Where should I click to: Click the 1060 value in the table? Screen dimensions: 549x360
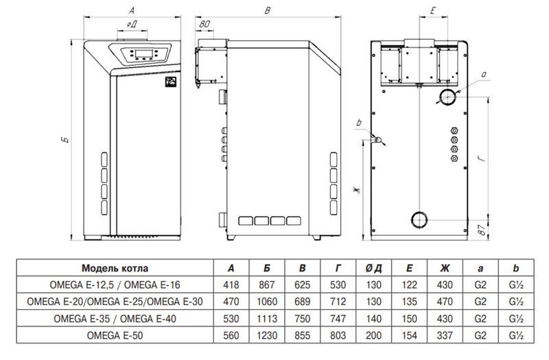(x=267, y=301)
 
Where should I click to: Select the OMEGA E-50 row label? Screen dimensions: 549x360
(x=115, y=335)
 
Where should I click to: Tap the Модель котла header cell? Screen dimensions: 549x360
(x=115, y=268)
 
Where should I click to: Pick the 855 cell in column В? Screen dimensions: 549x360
(x=302, y=335)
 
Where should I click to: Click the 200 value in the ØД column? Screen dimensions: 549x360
(x=373, y=335)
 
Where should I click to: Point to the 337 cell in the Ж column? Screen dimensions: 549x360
(x=445, y=335)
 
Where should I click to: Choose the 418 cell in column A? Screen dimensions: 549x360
(x=231, y=285)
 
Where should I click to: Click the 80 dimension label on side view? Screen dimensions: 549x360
(x=205, y=24)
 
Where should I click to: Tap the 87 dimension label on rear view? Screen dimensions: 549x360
(x=482, y=230)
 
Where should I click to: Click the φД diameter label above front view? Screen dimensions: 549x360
(x=132, y=24)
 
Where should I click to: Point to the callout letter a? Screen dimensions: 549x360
(x=484, y=74)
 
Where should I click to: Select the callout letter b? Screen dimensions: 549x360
(x=358, y=123)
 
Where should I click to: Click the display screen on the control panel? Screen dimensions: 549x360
(x=144, y=53)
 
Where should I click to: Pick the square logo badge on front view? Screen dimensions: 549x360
(x=170, y=81)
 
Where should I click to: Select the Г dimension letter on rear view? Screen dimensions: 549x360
(x=482, y=158)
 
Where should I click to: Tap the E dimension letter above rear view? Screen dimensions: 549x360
(x=432, y=11)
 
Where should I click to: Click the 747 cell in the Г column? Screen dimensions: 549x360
(x=338, y=318)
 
